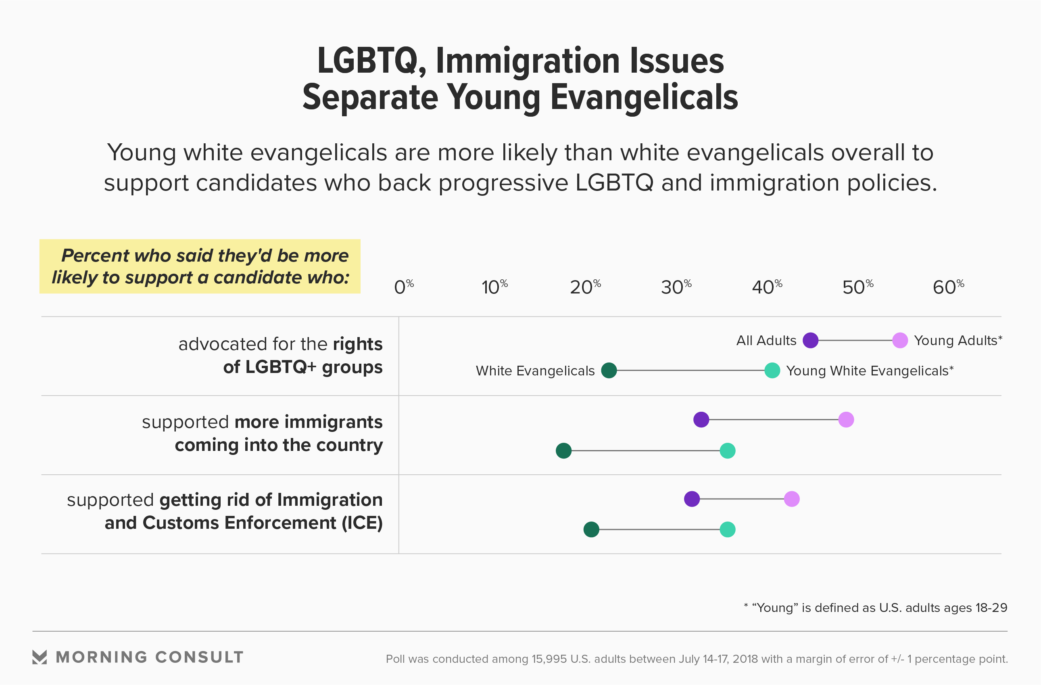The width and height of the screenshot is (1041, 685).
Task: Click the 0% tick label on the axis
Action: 403,287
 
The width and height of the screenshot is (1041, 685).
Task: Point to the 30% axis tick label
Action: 676,287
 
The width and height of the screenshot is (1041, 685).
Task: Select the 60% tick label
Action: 948,287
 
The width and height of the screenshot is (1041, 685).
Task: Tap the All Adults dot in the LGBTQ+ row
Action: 810,340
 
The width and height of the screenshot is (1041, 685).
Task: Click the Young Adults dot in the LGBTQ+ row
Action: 900,340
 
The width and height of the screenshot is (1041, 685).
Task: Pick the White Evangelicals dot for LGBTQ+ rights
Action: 609,370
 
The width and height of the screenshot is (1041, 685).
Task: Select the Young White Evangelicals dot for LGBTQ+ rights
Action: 772,370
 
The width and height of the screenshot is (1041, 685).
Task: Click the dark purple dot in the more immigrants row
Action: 701,419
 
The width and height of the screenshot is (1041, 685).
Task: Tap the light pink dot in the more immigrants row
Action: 846,419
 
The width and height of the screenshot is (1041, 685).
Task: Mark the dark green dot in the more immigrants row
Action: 563,450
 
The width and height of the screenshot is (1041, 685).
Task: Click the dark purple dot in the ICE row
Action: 692,499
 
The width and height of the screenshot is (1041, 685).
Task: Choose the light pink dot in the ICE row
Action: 792,499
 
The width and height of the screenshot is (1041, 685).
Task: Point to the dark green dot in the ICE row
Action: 591,530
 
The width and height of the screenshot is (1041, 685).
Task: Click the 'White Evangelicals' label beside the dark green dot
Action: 535,371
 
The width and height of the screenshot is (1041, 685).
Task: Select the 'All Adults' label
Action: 766,341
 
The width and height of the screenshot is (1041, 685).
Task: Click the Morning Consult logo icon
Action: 40,657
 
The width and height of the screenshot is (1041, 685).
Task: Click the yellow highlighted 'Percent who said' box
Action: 200,266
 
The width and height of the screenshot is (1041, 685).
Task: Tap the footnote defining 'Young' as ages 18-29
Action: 875,607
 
